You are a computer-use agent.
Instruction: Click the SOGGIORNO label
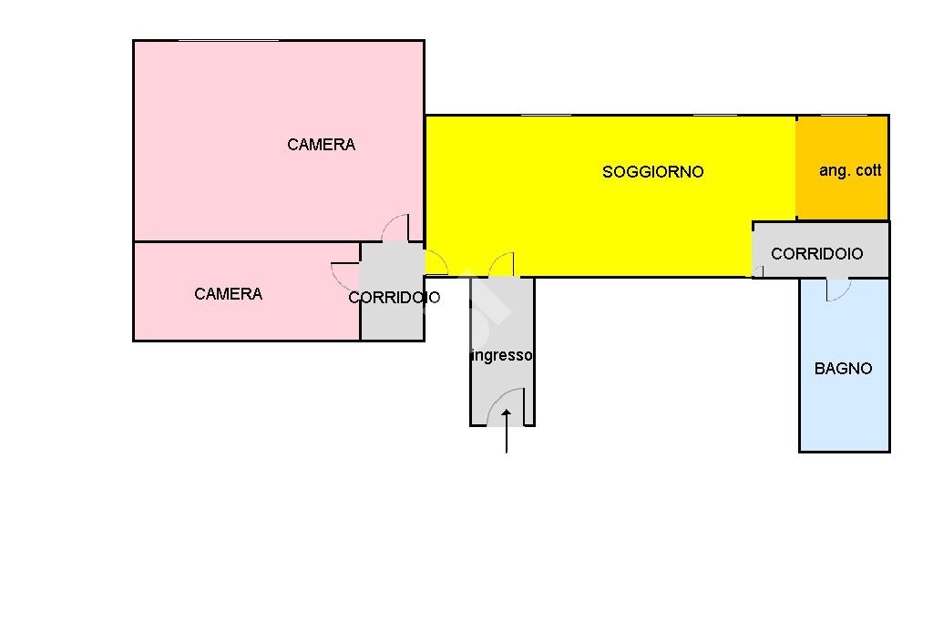[652, 171]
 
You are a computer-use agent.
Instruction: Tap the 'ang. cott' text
[849, 170]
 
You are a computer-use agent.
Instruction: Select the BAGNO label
[843, 368]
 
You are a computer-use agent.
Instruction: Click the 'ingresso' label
[502, 356]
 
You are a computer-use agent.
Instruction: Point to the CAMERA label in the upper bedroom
[321, 144]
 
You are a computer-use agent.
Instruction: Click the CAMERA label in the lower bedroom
[228, 293]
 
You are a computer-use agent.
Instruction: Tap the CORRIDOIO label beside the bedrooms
[394, 297]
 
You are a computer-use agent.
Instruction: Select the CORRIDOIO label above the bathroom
[816, 254]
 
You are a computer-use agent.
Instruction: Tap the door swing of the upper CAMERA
[395, 228]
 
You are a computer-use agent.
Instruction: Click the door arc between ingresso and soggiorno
[501, 265]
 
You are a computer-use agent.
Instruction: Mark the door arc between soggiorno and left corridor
[436, 264]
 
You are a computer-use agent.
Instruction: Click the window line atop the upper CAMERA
[228, 41]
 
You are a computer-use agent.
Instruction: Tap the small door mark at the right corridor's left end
[757, 271]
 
